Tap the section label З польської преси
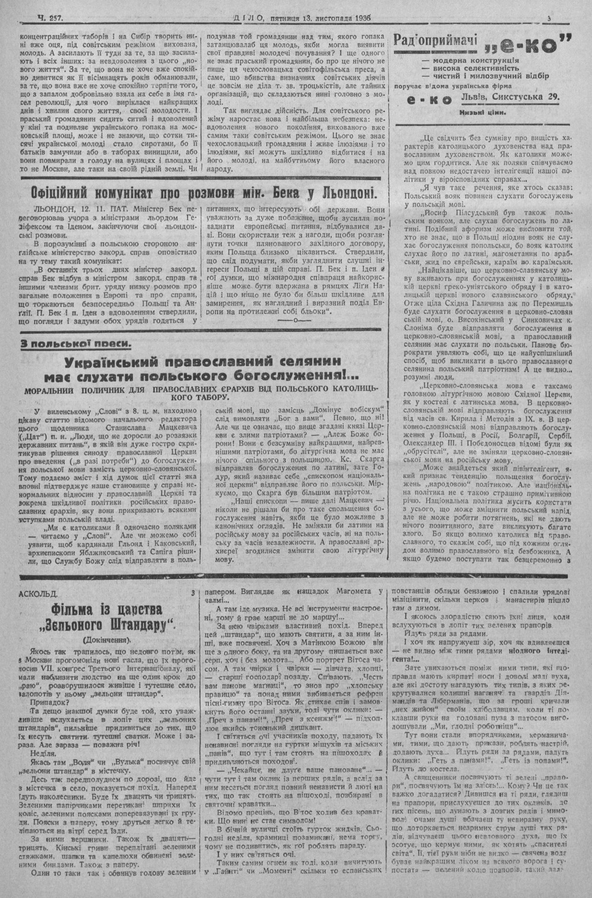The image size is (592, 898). [x=75, y=344]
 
